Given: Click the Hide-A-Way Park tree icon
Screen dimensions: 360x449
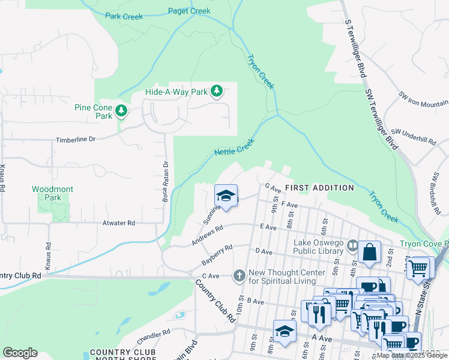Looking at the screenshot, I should [217, 92].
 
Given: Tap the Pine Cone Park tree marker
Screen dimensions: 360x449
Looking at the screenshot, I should [122, 110].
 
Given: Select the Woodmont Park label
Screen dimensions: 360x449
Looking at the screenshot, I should [52, 193].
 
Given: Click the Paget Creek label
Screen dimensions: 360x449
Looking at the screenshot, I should [189, 11].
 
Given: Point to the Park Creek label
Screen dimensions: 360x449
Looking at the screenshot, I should [124, 17].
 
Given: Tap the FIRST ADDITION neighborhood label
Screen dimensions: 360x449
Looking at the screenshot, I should [319, 188].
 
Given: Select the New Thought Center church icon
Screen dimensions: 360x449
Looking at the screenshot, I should [239, 276].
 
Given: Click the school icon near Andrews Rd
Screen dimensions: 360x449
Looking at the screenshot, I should [226, 196].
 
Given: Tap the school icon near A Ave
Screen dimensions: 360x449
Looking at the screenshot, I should [285, 331].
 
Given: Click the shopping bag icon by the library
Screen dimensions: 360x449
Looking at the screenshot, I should [370, 253].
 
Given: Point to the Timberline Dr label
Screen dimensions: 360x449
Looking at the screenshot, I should [76, 139].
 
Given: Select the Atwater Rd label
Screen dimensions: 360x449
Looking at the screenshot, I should [118, 223].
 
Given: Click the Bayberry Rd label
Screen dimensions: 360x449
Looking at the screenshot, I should [217, 255].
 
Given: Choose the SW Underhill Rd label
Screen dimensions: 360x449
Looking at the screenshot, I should [413, 135].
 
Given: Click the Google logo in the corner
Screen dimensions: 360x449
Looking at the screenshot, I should [20, 353].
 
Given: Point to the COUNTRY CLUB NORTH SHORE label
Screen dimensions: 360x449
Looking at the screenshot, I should [122, 355].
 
